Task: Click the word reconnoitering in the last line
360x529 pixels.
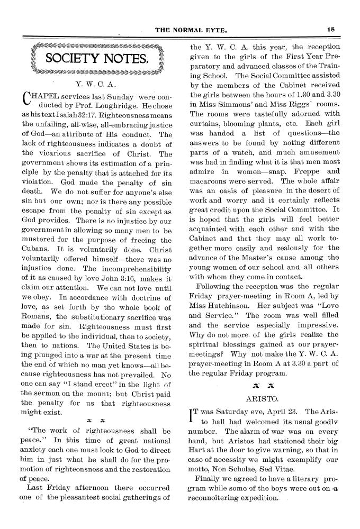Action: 221,498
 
